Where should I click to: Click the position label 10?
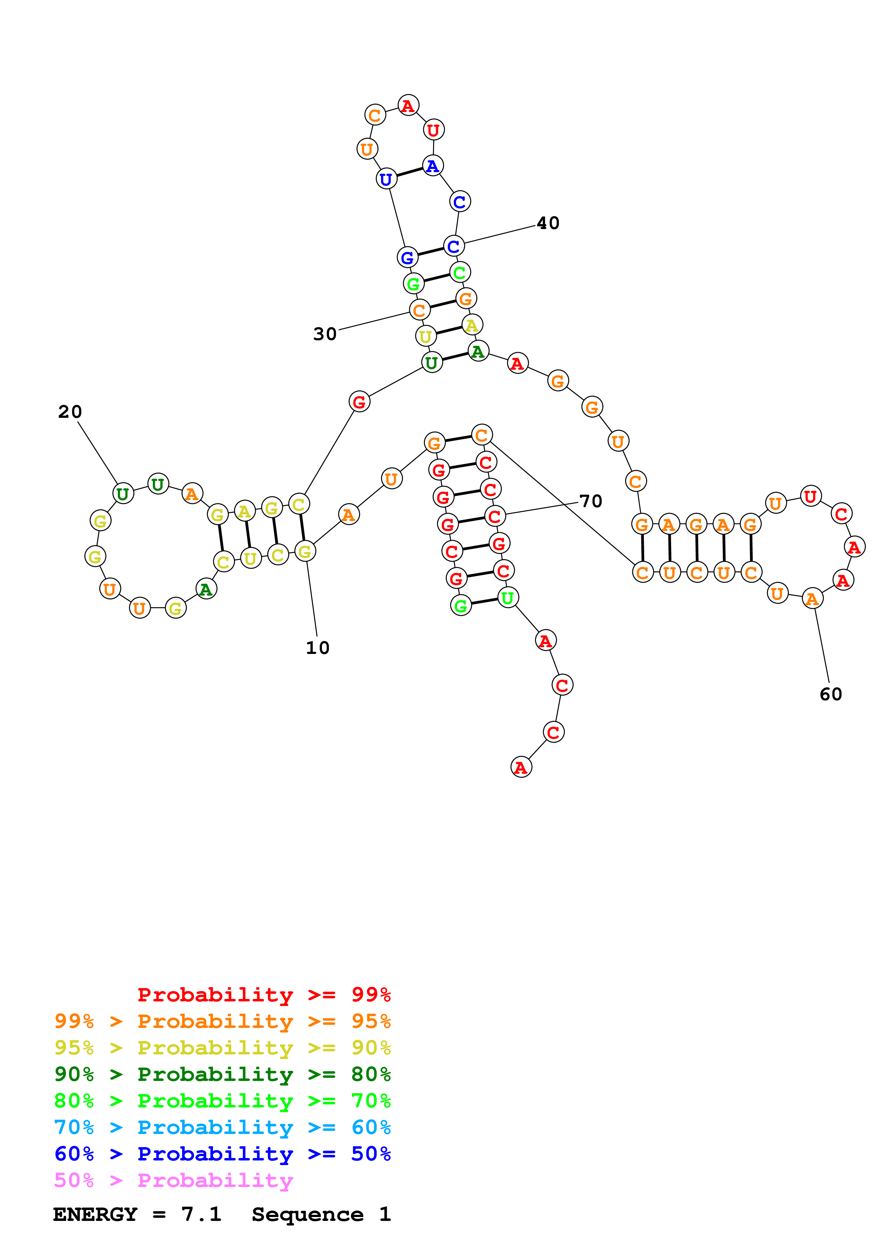coord(317,648)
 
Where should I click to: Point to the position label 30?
coord(325,334)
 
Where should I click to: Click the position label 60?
coord(831,694)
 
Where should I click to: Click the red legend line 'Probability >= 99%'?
coord(264,994)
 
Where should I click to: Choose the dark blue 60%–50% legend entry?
coord(222,1154)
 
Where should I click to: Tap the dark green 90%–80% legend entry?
coord(222,1074)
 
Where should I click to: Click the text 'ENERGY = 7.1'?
coord(137,1214)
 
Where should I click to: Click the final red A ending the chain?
coord(521,767)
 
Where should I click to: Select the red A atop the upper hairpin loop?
coord(408,105)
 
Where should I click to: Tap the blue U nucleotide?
coord(386,179)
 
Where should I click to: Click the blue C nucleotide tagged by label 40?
coord(454,246)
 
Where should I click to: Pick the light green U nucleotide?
coord(507,598)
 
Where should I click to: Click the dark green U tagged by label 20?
coord(123,493)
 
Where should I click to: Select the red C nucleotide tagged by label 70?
coord(495,516)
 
